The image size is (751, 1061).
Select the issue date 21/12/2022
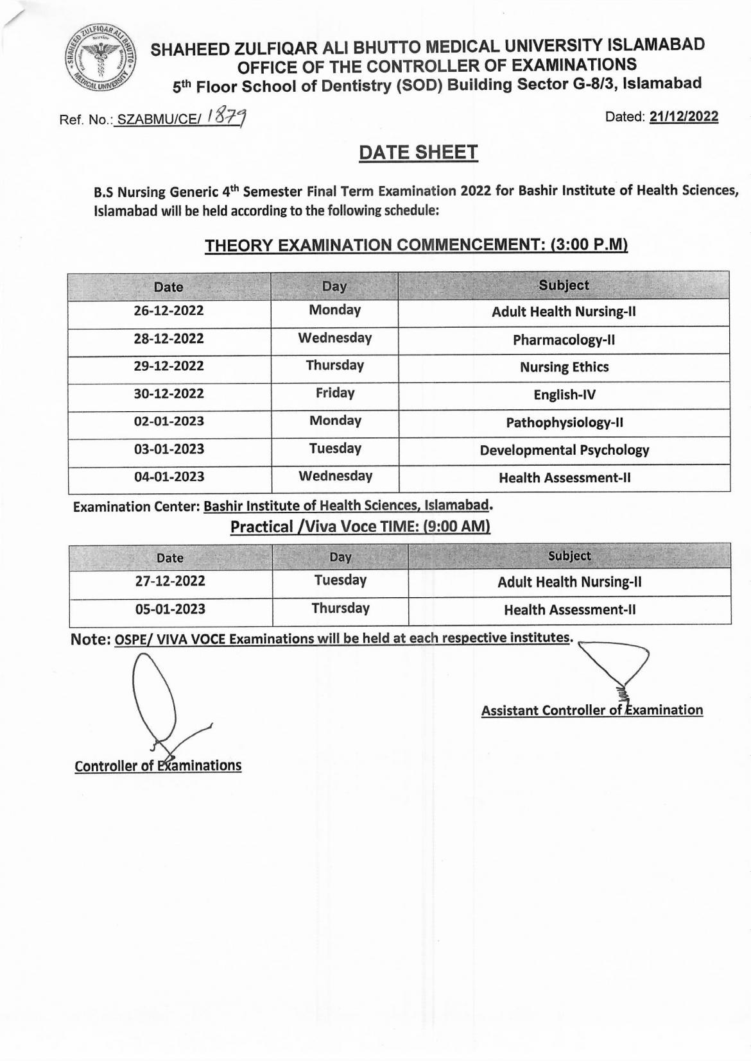coord(684,117)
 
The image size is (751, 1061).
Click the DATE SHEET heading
coord(418,153)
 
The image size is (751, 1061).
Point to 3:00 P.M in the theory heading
coord(589,245)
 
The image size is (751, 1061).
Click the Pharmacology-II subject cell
coord(564,340)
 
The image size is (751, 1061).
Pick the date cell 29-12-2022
coord(169,366)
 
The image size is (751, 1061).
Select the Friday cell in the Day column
coord(334,393)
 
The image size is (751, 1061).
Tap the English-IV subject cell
coord(564,395)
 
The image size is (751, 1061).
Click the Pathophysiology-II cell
coord(564,423)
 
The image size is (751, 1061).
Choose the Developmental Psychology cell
coord(564,450)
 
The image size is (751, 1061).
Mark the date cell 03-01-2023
coord(169,449)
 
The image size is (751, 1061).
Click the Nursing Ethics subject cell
coord(564,368)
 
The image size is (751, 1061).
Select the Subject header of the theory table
coord(564,285)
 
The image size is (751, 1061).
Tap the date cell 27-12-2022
coord(170,581)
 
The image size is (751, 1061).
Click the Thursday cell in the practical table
coord(340,608)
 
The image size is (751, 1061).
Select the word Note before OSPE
coord(90,640)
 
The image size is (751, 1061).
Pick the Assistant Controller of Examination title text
coord(592,710)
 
